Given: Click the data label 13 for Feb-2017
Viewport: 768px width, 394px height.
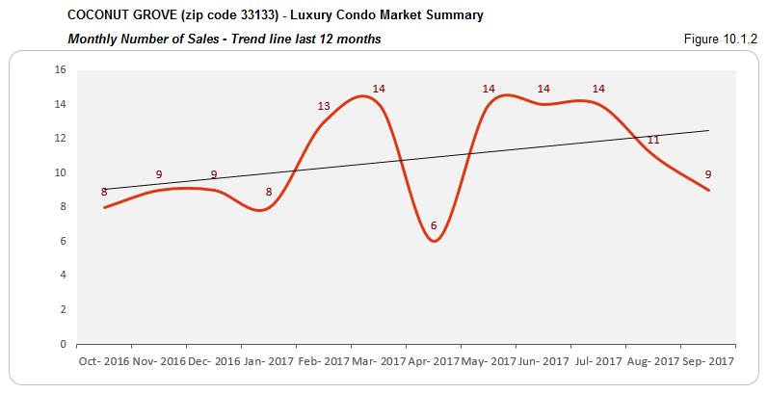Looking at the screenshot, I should coord(324,106).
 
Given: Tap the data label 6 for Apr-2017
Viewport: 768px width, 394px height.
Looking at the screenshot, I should coord(434,225).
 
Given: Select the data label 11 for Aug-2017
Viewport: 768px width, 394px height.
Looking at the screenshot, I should coord(653,140).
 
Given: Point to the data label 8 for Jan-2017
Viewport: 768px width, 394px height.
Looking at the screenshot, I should coord(269,192).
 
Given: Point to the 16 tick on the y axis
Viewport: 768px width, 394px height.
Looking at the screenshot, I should coord(59,70).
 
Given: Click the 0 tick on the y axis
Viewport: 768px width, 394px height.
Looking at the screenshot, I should coord(62,344).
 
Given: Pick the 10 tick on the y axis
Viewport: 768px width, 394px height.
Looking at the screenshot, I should coord(59,172).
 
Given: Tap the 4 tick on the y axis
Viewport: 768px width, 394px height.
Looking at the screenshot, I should coord(62,276).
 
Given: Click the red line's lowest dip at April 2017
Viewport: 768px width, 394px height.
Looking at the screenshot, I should coord(434,241).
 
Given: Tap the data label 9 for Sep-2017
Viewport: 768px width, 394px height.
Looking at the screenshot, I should coord(708,174).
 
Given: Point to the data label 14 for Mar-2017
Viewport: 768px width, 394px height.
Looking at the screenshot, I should coord(379,89).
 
